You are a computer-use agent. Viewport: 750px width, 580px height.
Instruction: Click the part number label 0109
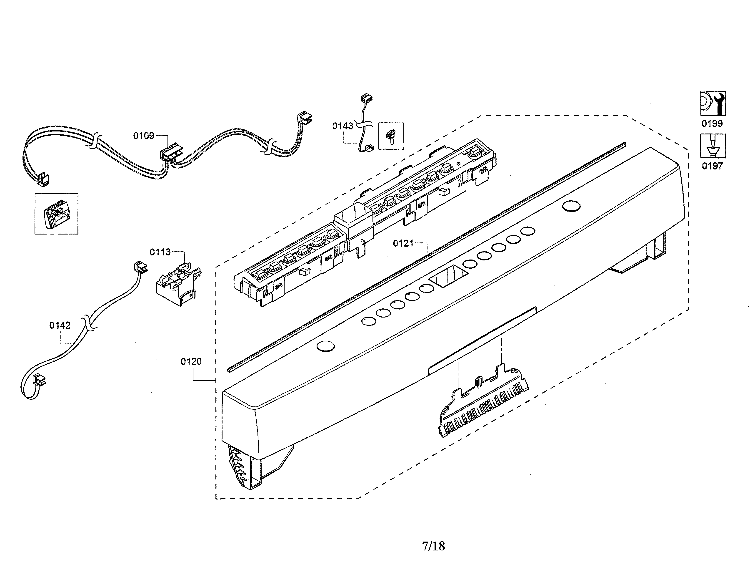(x=144, y=136)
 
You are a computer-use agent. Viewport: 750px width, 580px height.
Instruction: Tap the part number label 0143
(x=342, y=126)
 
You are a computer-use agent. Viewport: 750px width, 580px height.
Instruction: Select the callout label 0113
(x=160, y=252)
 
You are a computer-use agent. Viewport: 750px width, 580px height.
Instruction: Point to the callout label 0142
(x=60, y=325)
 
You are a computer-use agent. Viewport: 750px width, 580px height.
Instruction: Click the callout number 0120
(x=191, y=361)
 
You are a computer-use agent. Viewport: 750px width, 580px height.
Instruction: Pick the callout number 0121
(x=403, y=244)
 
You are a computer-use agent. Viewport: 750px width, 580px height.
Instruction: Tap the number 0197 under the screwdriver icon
(x=712, y=166)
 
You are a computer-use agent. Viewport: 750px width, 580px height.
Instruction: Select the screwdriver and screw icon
(x=713, y=146)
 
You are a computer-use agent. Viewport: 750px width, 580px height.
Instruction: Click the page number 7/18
(x=433, y=546)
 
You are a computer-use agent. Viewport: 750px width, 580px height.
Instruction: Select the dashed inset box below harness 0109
(x=56, y=214)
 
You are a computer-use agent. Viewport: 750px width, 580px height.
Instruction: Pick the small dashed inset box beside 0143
(x=391, y=136)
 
